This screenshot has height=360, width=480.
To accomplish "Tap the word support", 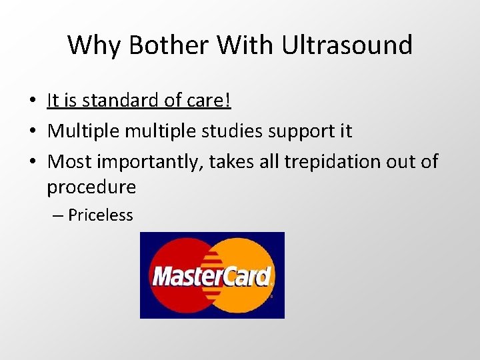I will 308,131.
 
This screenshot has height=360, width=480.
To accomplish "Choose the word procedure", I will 91,187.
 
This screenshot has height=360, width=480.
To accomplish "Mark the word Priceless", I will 101,215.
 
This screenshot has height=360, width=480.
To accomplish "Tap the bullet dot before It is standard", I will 32,101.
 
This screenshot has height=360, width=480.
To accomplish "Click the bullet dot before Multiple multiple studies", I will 32,131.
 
